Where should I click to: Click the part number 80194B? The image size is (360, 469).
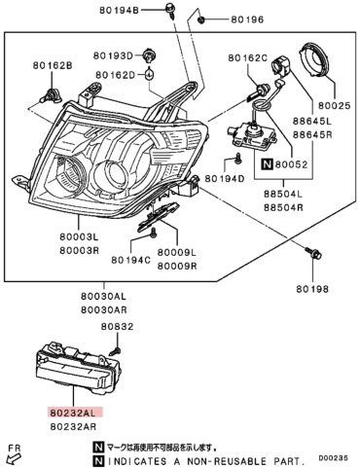pos(119,11)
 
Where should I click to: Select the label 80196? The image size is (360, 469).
pos(247,19)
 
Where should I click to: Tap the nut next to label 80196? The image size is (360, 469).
pos(201,19)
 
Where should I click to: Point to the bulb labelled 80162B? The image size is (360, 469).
pos(51,95)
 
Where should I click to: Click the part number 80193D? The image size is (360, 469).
pos(113,55)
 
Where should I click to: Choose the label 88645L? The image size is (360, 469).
pos(312,122)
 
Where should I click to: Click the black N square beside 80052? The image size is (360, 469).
pos(267,164)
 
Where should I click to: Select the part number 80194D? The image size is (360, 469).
pos(225,178)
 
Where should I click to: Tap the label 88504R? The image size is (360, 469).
pos(283,207)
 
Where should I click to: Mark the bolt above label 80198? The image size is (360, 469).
pos(312,253)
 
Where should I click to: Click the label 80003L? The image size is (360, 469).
pos(79,236)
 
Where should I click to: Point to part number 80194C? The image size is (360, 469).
pos(131,260)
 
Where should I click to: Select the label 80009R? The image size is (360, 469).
pos(177,266)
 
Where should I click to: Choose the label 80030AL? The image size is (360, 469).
pos(104,296)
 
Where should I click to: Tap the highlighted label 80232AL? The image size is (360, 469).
pos(75,413)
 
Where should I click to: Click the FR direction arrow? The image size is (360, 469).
pos(13,459)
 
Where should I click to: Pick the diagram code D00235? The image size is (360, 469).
pos(333,458)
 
